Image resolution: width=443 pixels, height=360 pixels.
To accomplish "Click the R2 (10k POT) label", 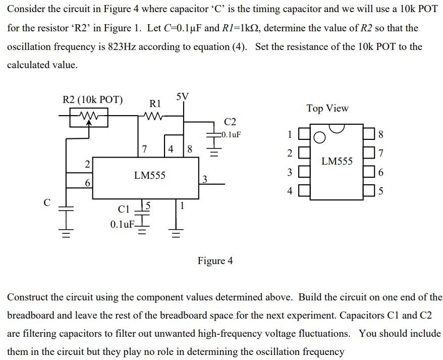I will click(x=92, y=99).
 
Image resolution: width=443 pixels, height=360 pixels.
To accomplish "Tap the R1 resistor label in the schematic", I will click(x=155, y=104).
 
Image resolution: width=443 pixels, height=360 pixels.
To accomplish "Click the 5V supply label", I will click(x=183, y=96).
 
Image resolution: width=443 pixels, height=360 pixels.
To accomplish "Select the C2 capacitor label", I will click(x=230, y=122).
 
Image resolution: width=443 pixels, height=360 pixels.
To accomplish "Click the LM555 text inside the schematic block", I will click(x=149, y=176).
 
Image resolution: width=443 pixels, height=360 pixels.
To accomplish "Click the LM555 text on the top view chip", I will click(x=337, y=162).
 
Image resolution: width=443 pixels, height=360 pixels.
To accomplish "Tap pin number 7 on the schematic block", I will click(x=145, y=149).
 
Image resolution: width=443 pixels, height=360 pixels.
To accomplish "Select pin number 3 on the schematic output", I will click(x=204, y=178).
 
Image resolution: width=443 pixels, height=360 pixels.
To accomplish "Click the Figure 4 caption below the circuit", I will click(x=215, y=261).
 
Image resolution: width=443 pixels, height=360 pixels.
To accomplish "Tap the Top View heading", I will click(x=327, y=109).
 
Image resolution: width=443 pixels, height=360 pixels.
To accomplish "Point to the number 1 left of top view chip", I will click(x=289, y=134).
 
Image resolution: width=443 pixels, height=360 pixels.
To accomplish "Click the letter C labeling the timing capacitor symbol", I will click(x=47, y=203).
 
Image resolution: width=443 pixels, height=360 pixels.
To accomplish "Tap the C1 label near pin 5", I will click(x=124, y=209).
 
